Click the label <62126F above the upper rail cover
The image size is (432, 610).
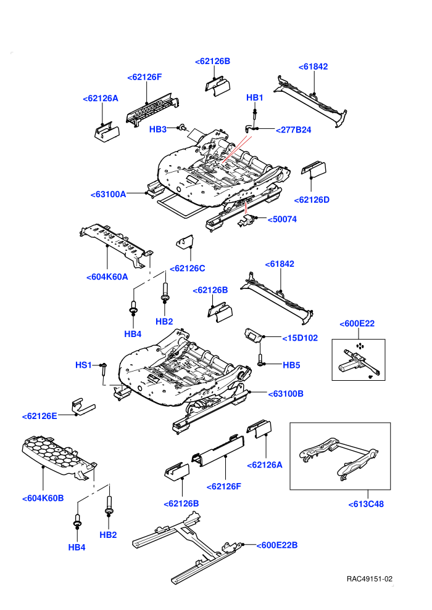tap(144, 77)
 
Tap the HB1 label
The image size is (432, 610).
tap(255, 97)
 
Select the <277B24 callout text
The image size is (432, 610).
tap(293, 130)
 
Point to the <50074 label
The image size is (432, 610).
tap(282, 219)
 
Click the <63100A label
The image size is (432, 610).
tap(108, 194)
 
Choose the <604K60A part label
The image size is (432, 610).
tap(107, 277)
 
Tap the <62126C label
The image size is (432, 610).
tap(188, 269)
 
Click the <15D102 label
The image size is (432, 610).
tap(300, 338)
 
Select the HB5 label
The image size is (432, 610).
tap(291, 365)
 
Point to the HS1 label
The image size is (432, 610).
tap(83, 365)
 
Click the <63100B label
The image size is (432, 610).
tap(286, 394)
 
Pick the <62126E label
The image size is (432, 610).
tap(39, 417)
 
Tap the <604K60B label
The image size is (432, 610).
tap(43, 498)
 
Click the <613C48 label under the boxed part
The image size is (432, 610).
tap(366, 504)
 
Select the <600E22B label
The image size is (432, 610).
tap(277, 545)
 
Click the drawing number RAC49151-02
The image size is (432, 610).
tap(370, 579)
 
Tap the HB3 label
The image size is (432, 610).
tap(158, 129)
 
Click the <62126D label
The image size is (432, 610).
tap(312, 200)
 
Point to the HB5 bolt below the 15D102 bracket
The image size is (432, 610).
tap(259, 359)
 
